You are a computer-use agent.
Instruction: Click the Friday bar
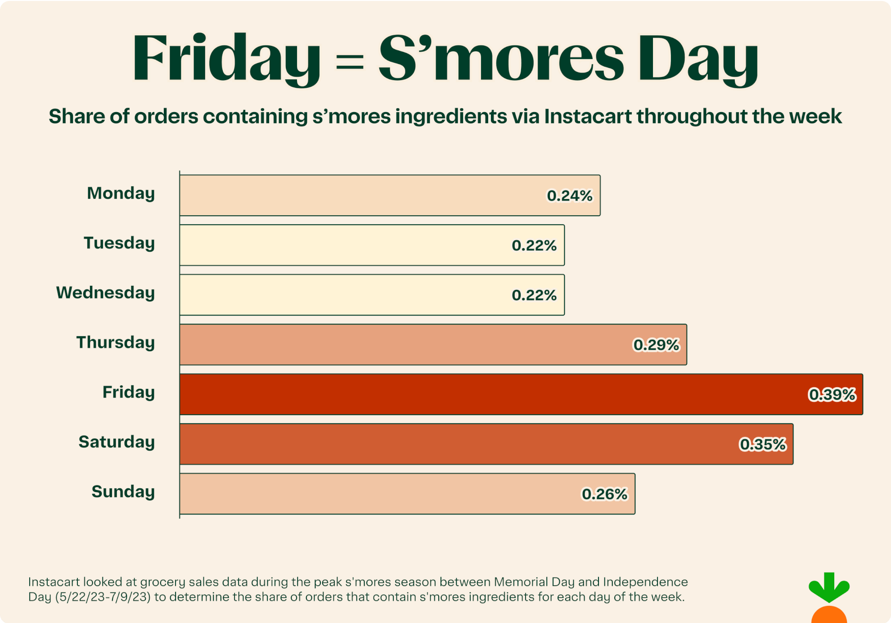coord(495,394)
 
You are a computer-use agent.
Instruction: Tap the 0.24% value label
coord(569,196)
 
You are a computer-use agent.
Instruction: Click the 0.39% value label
coord(832,395)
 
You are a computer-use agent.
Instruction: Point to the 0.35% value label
coord(762,445)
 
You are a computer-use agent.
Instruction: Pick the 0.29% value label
coord(656,345)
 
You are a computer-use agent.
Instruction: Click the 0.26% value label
coord(604,494)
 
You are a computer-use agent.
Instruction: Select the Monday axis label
coord(121,193)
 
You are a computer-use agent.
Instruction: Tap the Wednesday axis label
coord(105,293)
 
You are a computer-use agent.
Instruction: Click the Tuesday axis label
coord(119,243)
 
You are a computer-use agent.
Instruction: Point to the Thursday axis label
coord(115,343)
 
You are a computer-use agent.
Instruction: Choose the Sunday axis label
coord(123,492)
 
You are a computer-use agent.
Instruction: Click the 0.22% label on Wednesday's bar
coord(534,295)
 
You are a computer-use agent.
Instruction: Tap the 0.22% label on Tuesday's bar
coord(534,246)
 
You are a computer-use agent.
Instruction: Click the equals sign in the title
coord(350,61)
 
